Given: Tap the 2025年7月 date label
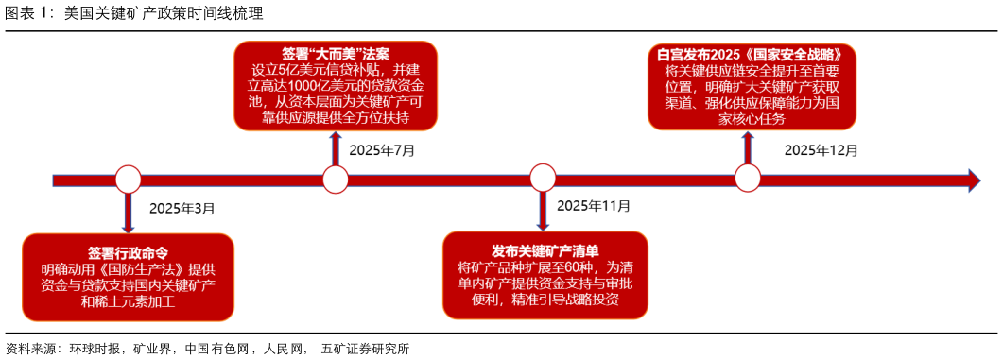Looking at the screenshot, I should [x=382, y=149].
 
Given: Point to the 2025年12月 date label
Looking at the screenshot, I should [x=821, y=149].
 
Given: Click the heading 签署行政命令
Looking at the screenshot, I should [x=128, y=253].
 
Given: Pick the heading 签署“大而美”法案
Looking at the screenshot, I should [x=336, y=53].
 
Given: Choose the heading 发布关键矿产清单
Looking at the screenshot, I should [x=545, y=250].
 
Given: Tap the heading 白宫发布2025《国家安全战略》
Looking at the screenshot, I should [x=752, y=54].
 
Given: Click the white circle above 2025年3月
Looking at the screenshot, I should [x=128, y=179].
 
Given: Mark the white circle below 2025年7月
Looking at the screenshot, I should [x=336, y=179].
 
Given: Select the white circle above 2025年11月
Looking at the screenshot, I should [x=543, y=178].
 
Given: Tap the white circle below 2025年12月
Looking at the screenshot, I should [x=748, y=178].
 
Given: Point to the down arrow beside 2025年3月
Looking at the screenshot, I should [x=128, y=213].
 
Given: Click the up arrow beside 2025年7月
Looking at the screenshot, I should [x=336, y=146].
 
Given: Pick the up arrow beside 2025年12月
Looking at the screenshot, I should [x=748, y=146].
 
